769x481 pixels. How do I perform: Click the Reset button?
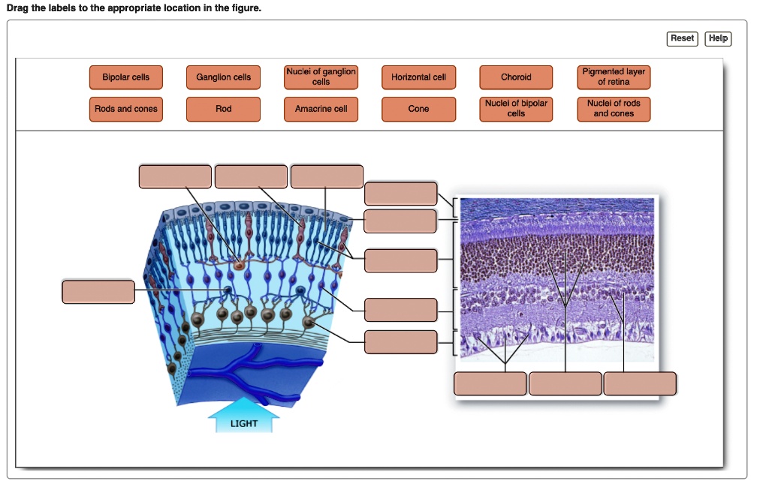[x=682, y=38]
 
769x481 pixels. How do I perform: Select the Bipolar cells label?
[x=126, y=77]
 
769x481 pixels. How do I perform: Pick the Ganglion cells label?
[x=224, y=77]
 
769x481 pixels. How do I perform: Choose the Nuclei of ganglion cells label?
[x=321, y=77]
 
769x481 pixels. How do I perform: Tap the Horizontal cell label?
[x=419, y=77]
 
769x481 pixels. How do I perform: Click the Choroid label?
[x=516, y=77]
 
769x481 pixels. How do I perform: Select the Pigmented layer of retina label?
[x=614, y=77]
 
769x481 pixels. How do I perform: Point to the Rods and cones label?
[x=126, y=109]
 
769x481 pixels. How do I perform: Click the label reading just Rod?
[x=224, y=109]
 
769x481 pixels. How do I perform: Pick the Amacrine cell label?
[x=321, y=109]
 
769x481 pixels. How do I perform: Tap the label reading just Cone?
[x=419, y=109]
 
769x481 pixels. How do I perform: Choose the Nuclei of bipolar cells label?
[x=516, y=109]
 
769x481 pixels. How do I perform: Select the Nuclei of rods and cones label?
[x=614, y=109]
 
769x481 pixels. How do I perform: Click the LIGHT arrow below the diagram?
[x=244, y=422]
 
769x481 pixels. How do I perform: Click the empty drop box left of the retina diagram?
[x=99, y=292]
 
